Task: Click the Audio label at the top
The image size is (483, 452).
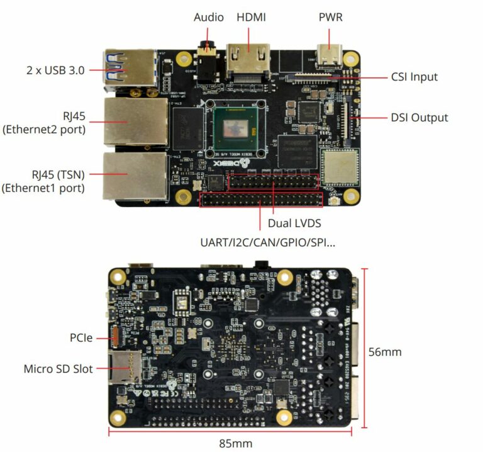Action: [x=208, y=17]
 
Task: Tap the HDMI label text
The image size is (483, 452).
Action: [x=251, y=17]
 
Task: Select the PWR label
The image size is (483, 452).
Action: [x=330, y=17]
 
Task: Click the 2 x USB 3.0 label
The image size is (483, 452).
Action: [x=55, y=70]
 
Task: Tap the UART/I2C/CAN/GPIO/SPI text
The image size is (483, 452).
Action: [x=267, y=242]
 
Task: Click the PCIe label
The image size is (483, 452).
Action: [x=81, y=337]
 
